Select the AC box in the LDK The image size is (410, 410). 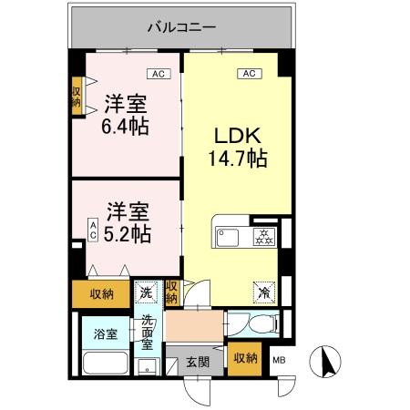tap(247, 75)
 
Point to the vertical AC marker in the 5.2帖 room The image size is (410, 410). tap(93, 229)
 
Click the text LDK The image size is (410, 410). tap(233, 137)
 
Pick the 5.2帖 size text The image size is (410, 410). tap(124, 231)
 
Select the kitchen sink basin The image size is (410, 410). tap(228, 238)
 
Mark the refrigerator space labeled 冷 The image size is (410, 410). tap(262, 292)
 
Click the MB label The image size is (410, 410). tap(279, 359)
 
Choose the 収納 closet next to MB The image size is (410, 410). tap(244, 357)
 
